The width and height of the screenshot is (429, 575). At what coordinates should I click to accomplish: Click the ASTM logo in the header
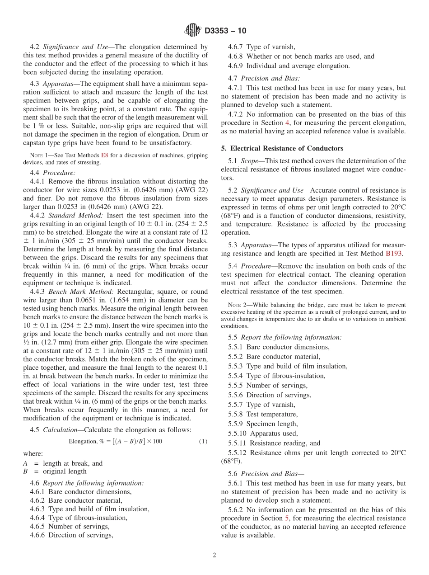tap(193, 31)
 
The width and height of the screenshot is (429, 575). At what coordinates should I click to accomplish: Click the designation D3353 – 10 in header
tap(225, 31)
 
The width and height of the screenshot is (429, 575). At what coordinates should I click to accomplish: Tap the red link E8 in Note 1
tap(104, 155)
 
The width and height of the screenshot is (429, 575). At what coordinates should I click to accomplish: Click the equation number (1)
tap(203, 441)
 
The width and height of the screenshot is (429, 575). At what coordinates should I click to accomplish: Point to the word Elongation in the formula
tap(83, 441)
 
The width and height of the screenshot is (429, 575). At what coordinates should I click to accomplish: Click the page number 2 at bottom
tap(214, 556)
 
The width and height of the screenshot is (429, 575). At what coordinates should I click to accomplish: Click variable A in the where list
tap(25, 463)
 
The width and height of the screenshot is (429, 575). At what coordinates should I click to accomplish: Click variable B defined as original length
tap(25, 471)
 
